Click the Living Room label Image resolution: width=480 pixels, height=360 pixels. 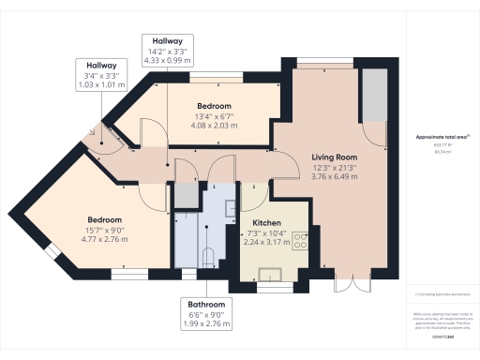[334, 157]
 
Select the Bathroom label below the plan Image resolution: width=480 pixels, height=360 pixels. [205, 305]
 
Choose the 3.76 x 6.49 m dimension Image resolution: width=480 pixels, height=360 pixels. [334, 176]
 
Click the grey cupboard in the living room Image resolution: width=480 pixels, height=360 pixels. [376, 95]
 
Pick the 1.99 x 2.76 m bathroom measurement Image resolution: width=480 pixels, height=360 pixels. [205, 325]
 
